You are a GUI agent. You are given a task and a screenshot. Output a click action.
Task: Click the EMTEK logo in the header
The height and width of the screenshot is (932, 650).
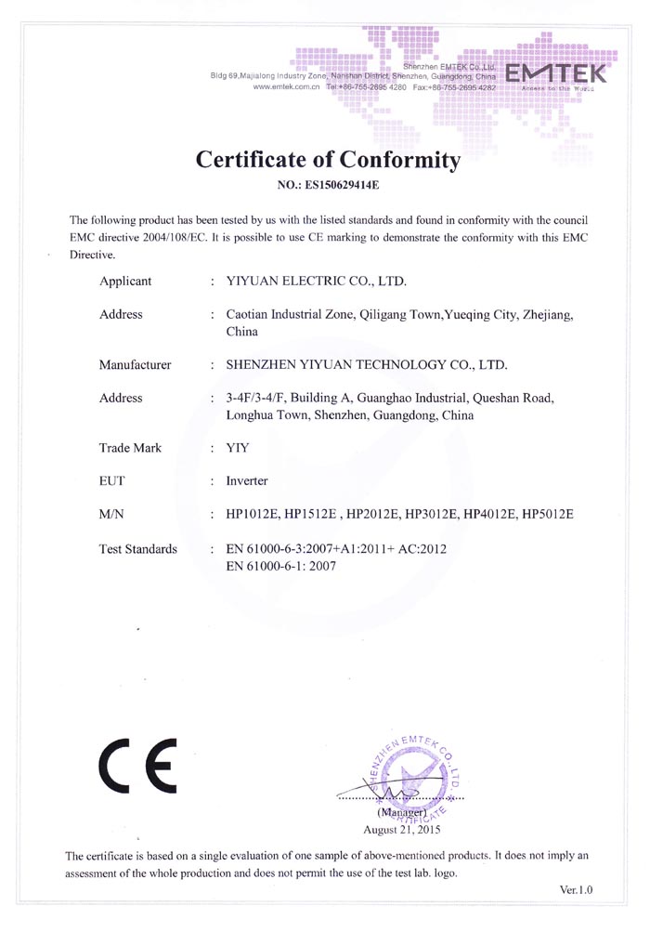pyautogui.click(x=556, y=73)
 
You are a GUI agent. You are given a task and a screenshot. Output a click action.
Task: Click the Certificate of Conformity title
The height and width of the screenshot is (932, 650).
pyautogui.click(x=328, y=160)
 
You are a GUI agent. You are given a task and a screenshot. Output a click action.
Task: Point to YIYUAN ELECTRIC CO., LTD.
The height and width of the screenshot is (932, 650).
pyautogui.click(x=317, y=281)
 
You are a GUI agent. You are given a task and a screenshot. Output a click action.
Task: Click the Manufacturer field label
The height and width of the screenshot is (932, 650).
pyautogui.click(x=135, y=364)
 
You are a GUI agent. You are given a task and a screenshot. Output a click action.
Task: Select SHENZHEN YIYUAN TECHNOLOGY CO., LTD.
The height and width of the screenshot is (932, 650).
pyautogui.click(x=367, y=364)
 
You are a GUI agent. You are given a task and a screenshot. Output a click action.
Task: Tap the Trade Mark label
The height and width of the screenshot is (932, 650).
pyautogui.click(x=130, y=448)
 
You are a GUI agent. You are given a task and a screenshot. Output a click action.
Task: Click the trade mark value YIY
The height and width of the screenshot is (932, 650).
pyautogui.click(x=239, y=448)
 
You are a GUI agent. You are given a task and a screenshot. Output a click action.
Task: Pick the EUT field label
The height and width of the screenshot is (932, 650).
pyautogui.click(x=112, y=481)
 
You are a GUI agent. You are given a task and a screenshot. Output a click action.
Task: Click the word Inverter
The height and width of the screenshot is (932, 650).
pyautogui.click(x=247, y=481)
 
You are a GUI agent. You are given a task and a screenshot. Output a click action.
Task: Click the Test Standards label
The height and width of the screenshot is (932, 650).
pyautogui.click(x=137, y=549)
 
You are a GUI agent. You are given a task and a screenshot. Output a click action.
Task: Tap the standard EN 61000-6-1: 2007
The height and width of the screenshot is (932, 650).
pyautogui.click(x=279, y=566)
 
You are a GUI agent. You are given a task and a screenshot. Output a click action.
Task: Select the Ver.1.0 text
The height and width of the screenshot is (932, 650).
pyautogui.click(x=576, y=890)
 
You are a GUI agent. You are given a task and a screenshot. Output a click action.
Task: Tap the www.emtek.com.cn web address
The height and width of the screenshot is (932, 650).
pyautogui.click(x=286, y=86)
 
